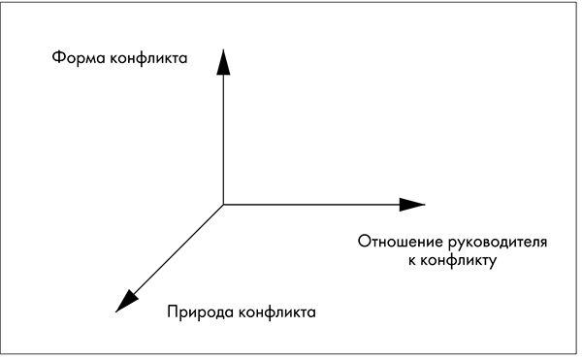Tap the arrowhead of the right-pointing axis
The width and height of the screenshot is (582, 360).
(x=411, y=204)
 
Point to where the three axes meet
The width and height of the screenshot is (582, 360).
(x=223, y=204)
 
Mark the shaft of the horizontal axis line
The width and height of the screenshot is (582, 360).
(x=310, y=204)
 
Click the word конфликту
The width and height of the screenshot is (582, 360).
(x=459, y=260)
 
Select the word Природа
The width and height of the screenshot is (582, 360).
(x=198, y=313)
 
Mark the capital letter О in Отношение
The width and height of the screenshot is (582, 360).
(x=364, y=241)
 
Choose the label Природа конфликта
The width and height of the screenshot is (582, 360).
(x=242, y=313)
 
